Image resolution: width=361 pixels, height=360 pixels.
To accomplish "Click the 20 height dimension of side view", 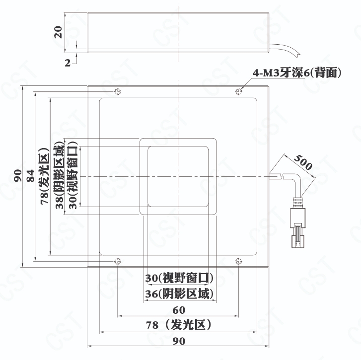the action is coord(59,32).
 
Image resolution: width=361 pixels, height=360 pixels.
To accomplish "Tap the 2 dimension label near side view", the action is coord(68,63).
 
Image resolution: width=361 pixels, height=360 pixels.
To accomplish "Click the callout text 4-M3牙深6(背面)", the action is coord(297,72).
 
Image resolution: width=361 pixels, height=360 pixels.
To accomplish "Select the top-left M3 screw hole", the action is coord(118,91).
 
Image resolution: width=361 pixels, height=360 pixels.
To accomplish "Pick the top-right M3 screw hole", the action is coord(239,91).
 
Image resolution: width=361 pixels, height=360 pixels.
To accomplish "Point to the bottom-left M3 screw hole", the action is coord(118,261).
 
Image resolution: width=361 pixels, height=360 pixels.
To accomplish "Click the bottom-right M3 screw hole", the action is coord(239,261).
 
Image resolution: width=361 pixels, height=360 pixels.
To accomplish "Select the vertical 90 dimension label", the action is coord(18,176).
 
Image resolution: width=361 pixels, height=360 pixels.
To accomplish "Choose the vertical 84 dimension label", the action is coord(30,176).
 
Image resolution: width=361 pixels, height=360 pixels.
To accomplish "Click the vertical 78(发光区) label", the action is coord(45,176).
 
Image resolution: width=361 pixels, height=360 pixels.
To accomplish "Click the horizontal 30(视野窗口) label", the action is coord(179,278).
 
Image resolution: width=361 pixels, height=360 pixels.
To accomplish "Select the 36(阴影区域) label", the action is coord(179,293).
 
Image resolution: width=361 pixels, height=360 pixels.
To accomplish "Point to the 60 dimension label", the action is coord(179,310).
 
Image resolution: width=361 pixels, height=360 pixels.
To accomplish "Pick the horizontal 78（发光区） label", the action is coord(179,325).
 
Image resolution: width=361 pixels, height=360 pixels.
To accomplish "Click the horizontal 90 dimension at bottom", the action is coord(179,341).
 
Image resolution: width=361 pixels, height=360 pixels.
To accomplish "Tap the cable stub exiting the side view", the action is coord(286,49).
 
